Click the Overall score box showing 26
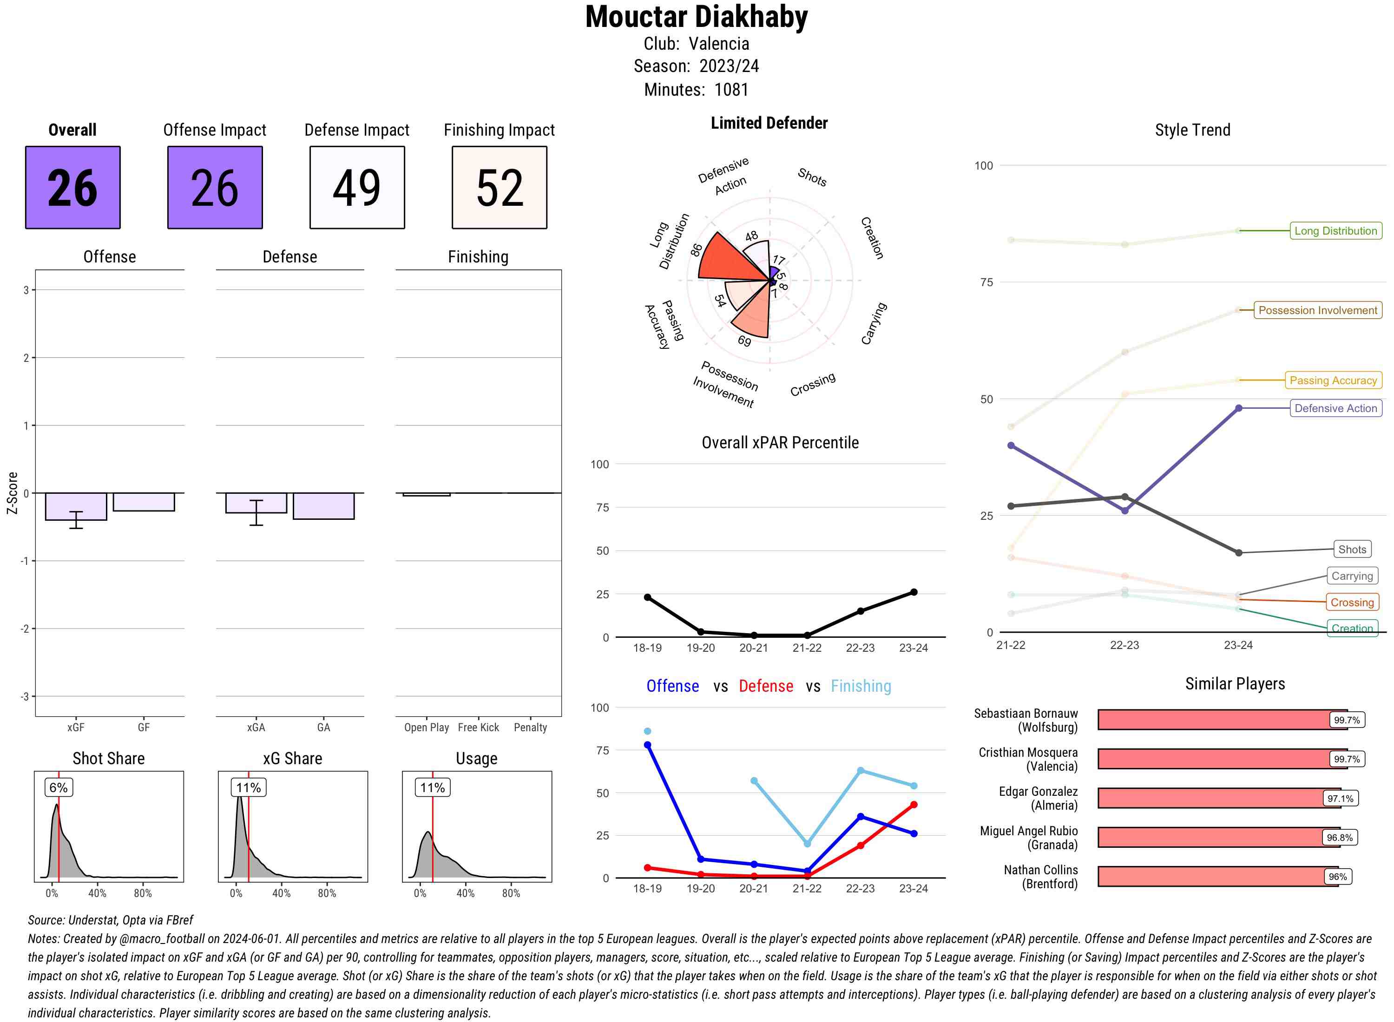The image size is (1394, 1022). click(x=72, y=188)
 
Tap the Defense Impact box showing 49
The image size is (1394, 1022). click(x=357, y=188)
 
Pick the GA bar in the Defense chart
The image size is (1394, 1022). click(x=323, y=505)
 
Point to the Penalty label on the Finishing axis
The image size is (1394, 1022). click(x=530, y=727)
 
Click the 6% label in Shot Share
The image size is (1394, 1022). click(x=58, y=787)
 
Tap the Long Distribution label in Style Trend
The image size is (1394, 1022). click(x=1335, y=231)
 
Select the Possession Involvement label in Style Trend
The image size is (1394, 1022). click(x=1317, y=310)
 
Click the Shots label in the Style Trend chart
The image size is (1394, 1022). click(x=1351, y=550)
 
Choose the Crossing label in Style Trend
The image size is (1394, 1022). click(x=1351, y=603)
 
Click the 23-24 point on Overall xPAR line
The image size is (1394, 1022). click(x=913, y=592)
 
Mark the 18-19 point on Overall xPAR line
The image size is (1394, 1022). click(x=647, y=597)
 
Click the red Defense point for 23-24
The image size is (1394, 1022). click(x=913, y=805)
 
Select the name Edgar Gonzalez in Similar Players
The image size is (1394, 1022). click(x=1038, y=791)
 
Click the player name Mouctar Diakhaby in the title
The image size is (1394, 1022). click(x=697, y=17)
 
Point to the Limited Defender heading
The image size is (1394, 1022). click(x=769, y=123)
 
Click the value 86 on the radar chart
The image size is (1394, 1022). click(x=697, y=249)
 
